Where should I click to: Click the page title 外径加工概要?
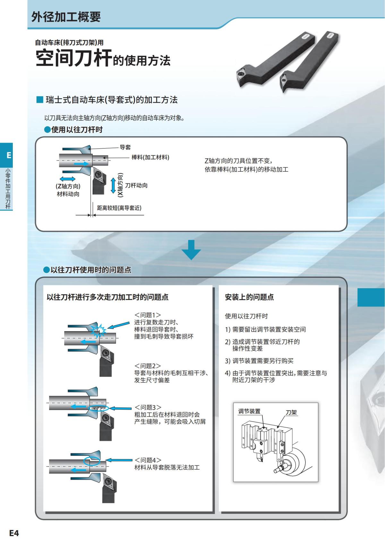(66, 17)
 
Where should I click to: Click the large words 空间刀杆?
(73, 58)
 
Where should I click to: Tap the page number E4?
(14, 533)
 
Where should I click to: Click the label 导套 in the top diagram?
(125, 147)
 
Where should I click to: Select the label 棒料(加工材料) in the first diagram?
(150, 157)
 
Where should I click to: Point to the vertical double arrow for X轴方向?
(113, 186)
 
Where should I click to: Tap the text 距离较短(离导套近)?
(119, 208)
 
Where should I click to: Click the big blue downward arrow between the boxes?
(191, 250)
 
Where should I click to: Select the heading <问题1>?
(148, 315)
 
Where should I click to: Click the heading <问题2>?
(148, 366)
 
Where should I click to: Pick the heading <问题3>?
(148, 407)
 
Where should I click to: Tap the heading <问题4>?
(148, 460)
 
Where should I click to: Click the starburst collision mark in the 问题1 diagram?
(98, 330)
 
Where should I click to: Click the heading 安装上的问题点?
(249, 297)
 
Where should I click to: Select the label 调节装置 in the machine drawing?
(249, 411)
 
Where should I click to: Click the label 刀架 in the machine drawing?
(291, 412)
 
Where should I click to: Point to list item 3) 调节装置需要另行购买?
(259, 361)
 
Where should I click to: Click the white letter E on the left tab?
(9, 155)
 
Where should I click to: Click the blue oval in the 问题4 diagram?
(91, 461)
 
